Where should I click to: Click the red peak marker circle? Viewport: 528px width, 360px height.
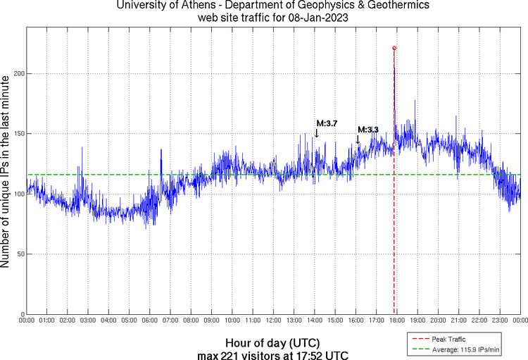pos(394,48)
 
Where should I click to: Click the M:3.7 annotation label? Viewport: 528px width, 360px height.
pos(326,123)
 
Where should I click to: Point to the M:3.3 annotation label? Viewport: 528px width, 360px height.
pos(368,130)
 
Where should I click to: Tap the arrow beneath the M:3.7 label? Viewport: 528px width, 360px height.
pos(316,132)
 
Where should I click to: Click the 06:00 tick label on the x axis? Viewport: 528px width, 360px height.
pos(150,321)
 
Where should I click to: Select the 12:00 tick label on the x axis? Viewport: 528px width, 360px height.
pos(273,321)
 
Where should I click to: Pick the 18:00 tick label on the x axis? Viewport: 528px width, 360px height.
pos(397,321)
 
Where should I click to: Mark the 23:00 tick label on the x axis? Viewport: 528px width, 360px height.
pos(500,321)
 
